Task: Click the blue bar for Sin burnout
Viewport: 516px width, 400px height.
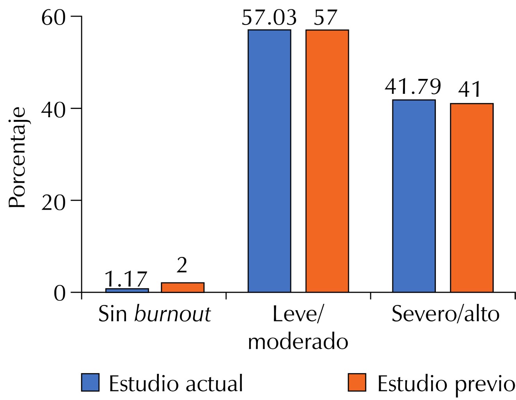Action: tap(127, 290)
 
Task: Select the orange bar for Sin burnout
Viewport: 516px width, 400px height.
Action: tap(183, 287)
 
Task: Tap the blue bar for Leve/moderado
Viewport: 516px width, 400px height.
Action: tap(270, 161)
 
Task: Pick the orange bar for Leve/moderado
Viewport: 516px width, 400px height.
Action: tap(327, 161)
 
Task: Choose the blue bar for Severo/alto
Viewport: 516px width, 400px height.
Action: tap(414, 196)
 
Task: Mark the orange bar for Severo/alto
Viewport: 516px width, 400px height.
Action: tap(472, 198)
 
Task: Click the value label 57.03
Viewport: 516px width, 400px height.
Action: tap(269, 18)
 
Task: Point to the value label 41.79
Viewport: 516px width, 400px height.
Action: tap(413, 87)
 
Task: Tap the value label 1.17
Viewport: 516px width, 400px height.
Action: tap(126, 279)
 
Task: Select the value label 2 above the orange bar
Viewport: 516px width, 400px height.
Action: tap(182, 266)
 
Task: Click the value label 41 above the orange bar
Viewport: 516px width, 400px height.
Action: tap(470, 89)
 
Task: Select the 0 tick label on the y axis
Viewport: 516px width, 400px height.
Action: tap(60, 293)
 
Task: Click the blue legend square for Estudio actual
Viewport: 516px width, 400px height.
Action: tap(90, 382)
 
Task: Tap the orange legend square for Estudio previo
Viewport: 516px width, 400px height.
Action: tap(357, 382)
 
